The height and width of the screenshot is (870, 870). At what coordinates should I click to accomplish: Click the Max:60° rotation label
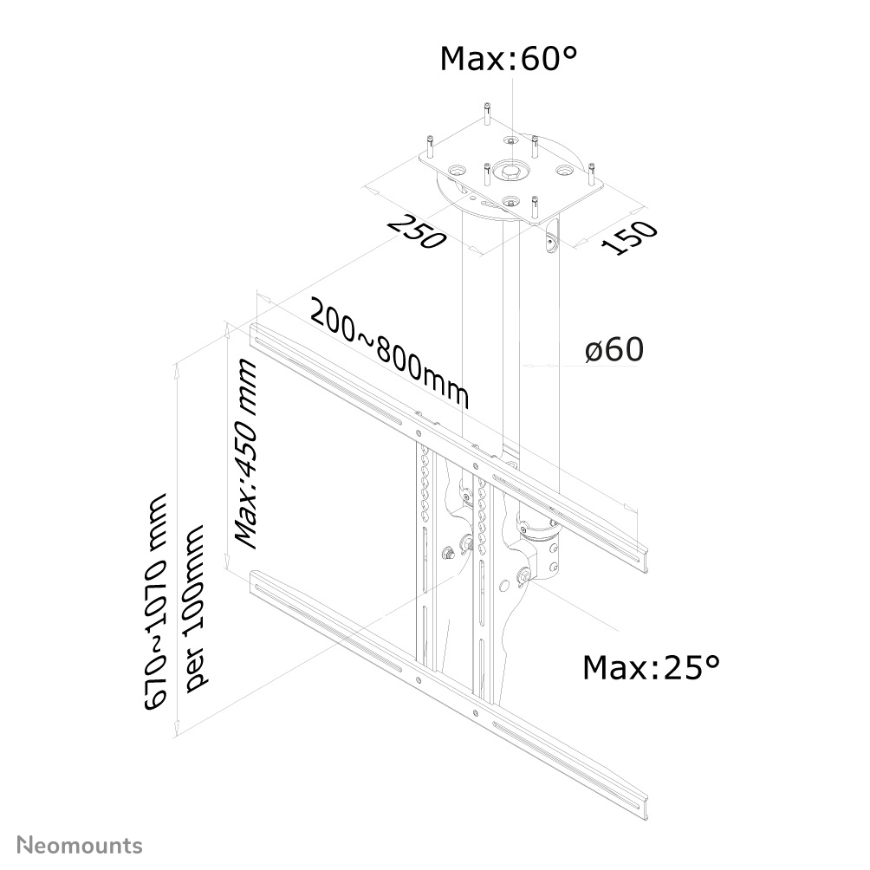click(x=509, y=59)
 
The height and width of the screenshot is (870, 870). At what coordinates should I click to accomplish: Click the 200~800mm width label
click(x=389, y=354)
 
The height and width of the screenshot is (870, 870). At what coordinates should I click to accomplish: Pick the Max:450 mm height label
click(x=248, y=455)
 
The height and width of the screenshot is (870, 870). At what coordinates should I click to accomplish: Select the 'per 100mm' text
click(x=198, y=607)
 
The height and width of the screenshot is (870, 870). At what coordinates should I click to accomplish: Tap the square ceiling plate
click(x=555, y=186)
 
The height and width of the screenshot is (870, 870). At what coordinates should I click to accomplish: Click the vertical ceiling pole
click(x=511, y=347)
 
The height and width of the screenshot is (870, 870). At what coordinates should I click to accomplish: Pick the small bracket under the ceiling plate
click(x=552, y=242)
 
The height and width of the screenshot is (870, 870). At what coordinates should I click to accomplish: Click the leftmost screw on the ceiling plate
click(x=428, y=145)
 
